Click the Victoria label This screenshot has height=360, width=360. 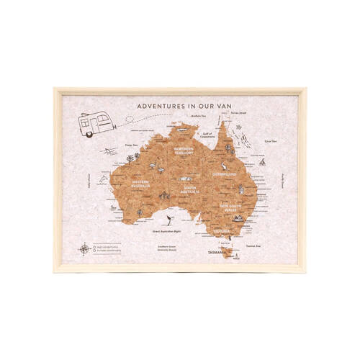(220, 230)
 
